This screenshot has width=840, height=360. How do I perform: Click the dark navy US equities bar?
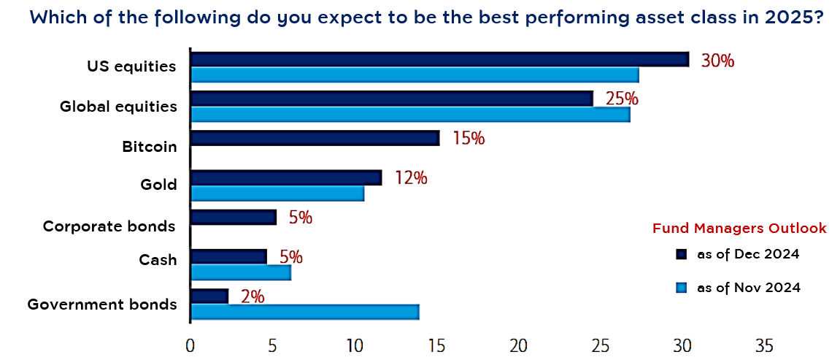(x=440, y=59)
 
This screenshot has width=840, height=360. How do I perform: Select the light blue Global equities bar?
(x=410, y=115)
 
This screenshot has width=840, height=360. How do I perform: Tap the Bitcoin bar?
(x=315, y=138)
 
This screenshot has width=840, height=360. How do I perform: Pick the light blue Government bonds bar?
(x=305, y=312)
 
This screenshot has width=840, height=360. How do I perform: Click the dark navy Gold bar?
(x=286, y=178)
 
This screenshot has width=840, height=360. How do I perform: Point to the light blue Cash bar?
(x=241, y=272)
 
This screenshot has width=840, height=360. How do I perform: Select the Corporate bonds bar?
(x=234, y=217)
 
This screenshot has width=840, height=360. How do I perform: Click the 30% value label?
(x=717, y=61)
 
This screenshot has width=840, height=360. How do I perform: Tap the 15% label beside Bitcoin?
(x=469, y=138)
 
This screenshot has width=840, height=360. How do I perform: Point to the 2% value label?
(x=253, y=296)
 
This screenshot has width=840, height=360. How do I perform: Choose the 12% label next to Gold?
(x=411, y=178)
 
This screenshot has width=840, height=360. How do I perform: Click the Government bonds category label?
(x=101, y=305)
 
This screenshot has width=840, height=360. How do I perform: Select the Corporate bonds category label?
(x=109, y=226)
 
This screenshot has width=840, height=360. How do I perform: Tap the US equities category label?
(x=132, y=67)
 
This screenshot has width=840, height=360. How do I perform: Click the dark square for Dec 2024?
(x=682, y=254)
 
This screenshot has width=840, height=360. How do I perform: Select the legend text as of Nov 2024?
(x=748, y=288)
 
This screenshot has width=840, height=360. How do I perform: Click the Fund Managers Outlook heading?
(x=739, y=229)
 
